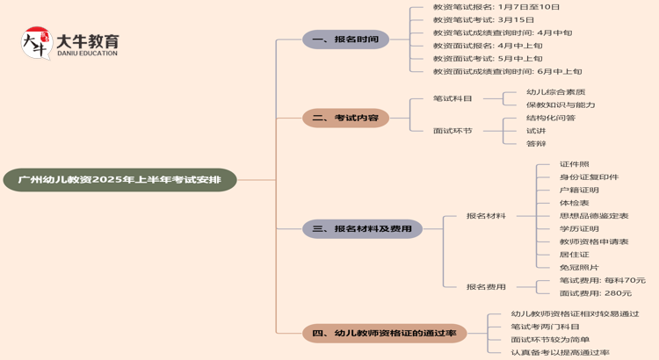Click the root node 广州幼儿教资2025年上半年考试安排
120,180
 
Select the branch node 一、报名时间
345,40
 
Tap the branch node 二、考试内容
345,118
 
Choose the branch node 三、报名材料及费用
362,229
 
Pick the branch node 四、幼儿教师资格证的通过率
384,333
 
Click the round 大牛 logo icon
36,43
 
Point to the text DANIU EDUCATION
87,54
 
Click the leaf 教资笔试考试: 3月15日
483,19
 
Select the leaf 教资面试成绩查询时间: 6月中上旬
507,72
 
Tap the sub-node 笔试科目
453,98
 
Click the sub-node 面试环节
453,131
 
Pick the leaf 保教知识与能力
561,104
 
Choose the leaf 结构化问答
551,118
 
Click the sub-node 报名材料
486,216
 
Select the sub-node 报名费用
486,287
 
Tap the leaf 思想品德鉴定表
594,216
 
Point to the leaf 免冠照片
579,268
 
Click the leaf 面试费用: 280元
595,293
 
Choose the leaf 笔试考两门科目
545,327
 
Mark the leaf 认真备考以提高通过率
560,352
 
